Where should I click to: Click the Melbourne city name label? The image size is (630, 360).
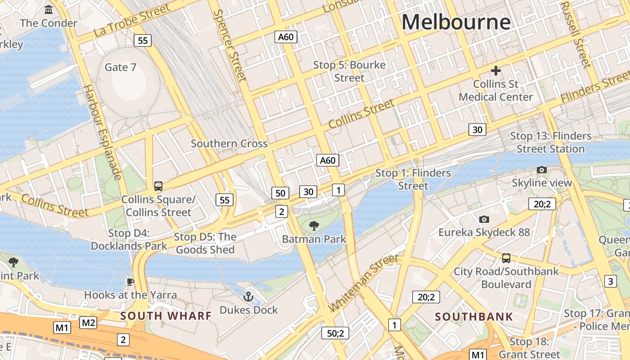[x=456, y=22]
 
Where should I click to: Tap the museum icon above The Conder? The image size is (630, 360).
[x=49, y=9]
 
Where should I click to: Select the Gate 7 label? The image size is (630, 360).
[x=120, y=67]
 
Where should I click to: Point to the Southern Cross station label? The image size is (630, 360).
[x=229, y=144]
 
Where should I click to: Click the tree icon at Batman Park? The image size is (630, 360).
[x=314, y=226]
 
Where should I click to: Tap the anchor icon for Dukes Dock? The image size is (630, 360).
[x=248, y=297]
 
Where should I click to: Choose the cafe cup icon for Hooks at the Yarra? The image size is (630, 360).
[x=130, y=282]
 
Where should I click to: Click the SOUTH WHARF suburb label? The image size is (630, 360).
[x=166, y=316]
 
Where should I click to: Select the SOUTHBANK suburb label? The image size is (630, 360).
[x=474, y=317]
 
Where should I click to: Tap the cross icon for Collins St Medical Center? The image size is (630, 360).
[x=495, y=71]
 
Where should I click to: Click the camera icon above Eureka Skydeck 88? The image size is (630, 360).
[x=484, y=219]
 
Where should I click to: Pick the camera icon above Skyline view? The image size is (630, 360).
[x=542, y=170]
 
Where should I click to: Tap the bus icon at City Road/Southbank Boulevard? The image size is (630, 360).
[x=506, y=258]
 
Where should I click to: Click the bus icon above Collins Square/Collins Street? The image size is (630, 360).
[x=158, y=186]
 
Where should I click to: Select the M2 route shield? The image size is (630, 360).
[x=88, y=322]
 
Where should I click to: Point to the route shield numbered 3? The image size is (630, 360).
[x=610, y=282]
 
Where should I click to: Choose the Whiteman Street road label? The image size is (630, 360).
[x=364, y=283]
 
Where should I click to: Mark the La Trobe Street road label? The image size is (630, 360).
[x=132, y=21]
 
